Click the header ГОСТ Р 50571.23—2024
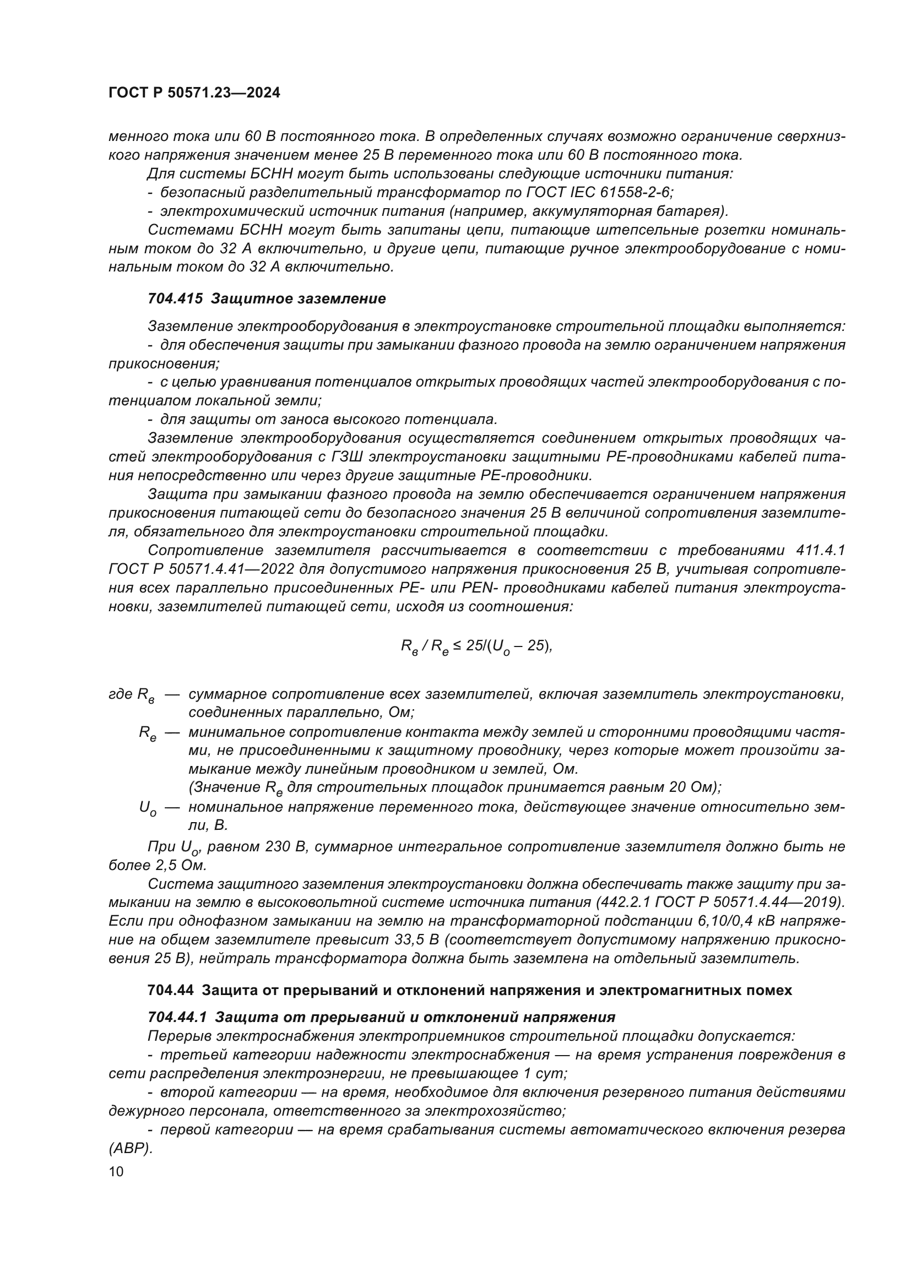coord(194,93)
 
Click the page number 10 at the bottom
coord(116,1172)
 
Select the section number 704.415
coord(175,299)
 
